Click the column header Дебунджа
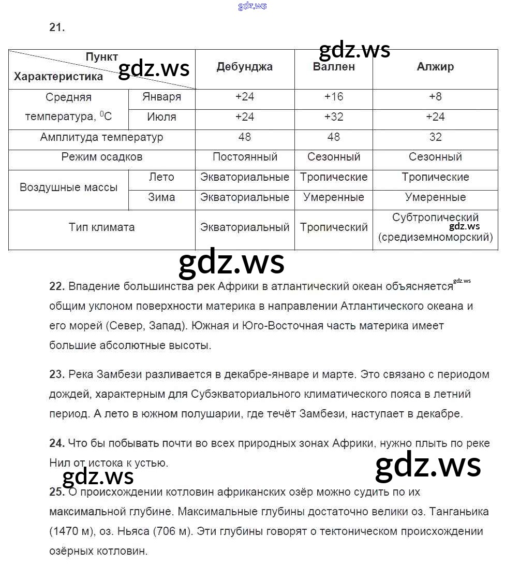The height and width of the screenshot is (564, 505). click(x=244, y=67)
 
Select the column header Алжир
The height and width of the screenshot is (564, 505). click(x=435, y=67)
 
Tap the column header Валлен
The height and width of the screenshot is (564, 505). click(x=334, y=67)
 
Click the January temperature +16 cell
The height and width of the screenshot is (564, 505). click(x=334, y=97)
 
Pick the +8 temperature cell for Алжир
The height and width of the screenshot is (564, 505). click(x=435, y=97)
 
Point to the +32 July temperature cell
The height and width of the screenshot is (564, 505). click(x=334, y=117)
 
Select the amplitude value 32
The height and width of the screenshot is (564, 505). click(x=435, y=137)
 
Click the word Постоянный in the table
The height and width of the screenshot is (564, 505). click(x=245, y=157)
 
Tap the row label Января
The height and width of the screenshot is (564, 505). click(x=161, y=97)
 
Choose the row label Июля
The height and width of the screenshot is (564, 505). click(x=161, y=117)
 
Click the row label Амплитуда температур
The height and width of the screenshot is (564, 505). click(x=101, y=137)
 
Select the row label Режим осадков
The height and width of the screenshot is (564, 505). click(x=101, y=157)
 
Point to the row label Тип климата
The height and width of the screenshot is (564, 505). click(x=101, y=227)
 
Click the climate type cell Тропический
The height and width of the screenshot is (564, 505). click(x=334, y=227)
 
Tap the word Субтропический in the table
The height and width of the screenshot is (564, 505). click(x=435, y=218)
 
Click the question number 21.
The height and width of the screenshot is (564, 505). click(x=57, y=28)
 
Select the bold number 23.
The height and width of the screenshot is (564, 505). click(x=56, y=374)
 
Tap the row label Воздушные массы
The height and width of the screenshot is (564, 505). click(x=68, y=187)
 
